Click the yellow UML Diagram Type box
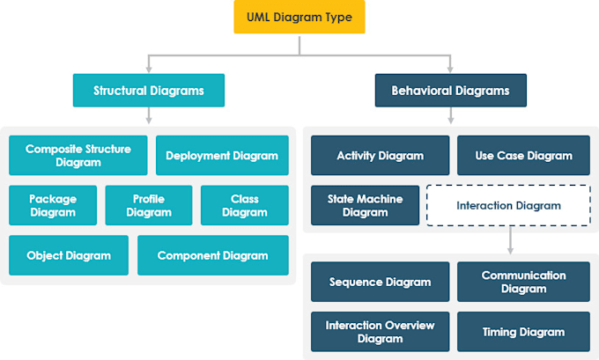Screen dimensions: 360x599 coord(299,18)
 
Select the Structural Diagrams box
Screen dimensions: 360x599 coord(149,90)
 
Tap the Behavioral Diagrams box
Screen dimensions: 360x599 coord(450,90)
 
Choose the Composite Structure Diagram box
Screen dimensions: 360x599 coord(78,156)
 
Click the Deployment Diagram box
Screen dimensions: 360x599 coord(222,156)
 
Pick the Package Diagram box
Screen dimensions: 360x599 coord(53,205)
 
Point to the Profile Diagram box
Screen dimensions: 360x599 coord(149,205)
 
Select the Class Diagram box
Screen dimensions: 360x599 coord(244,205)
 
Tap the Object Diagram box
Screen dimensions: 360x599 coord(69,255)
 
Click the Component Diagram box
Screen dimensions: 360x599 coord(212,255)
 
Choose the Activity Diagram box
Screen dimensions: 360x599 coord(380,156)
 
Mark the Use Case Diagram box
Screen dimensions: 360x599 coord(523,156)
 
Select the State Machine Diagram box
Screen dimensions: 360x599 coord(365,205)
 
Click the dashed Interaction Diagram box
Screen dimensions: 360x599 coord(508,206)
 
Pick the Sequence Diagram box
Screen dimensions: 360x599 coord(380,282)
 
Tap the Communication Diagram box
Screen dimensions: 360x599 coord(523,282)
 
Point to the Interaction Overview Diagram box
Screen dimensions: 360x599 coord(380,332)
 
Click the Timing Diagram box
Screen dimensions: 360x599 coord(523,332)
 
